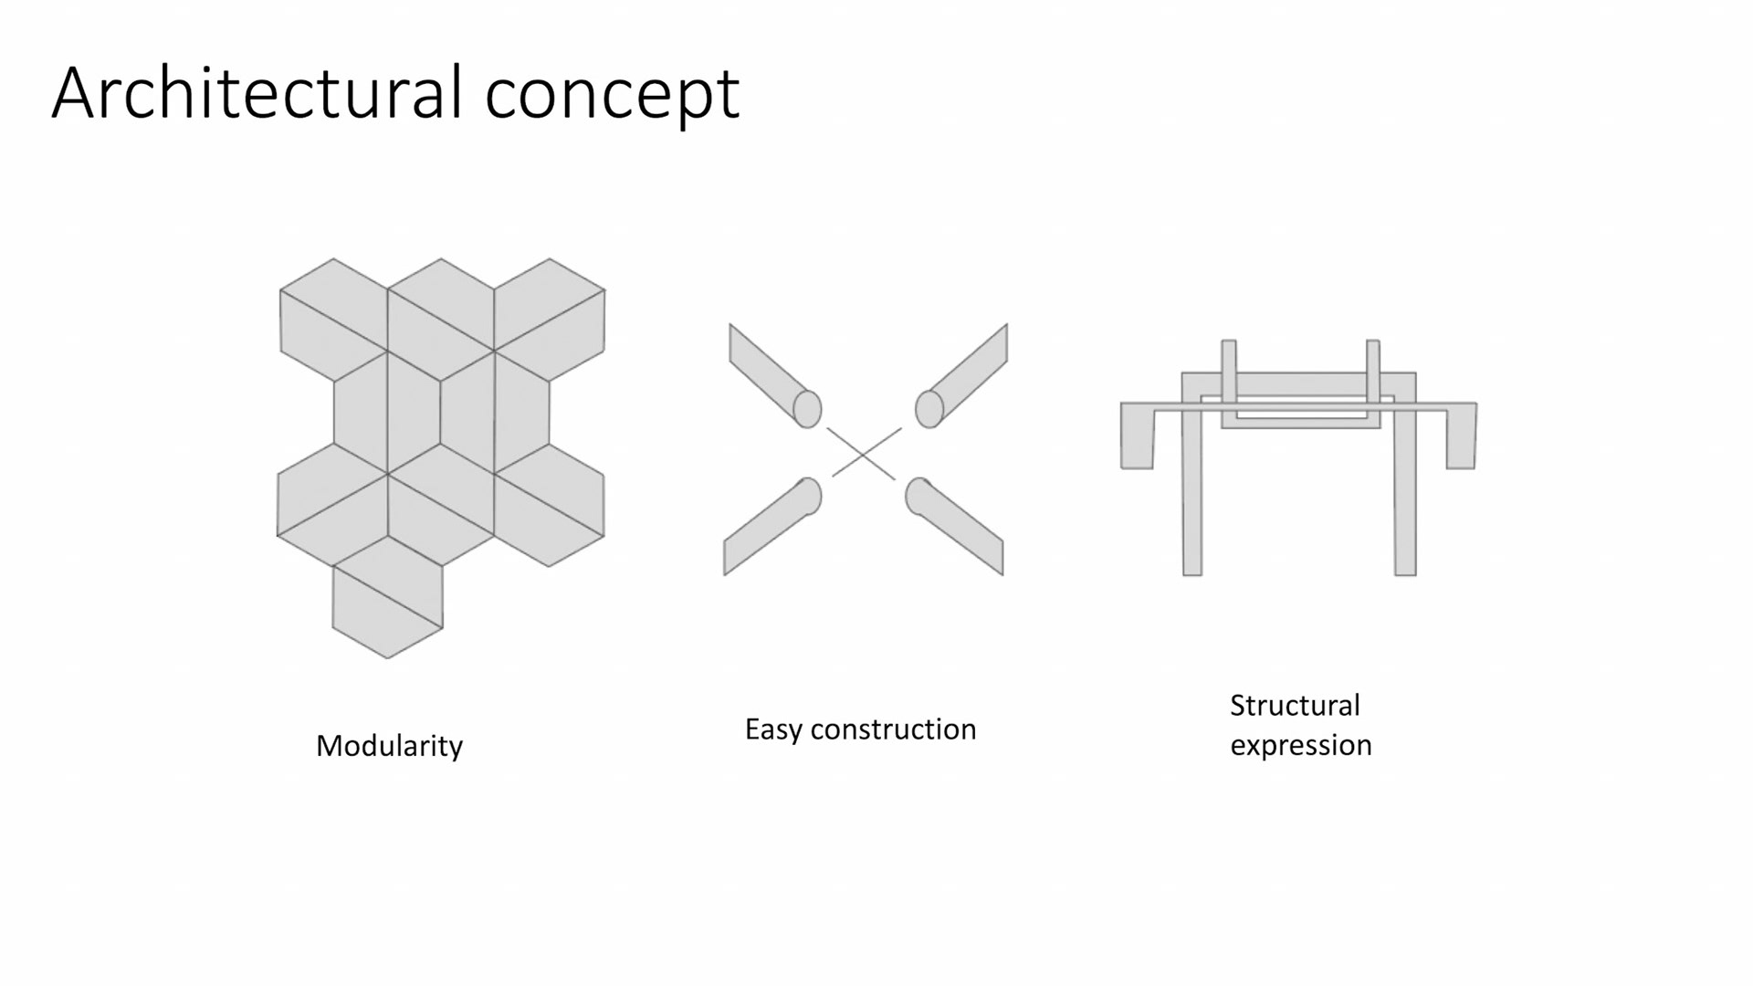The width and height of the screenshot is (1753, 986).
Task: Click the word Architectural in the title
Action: coord(257,93)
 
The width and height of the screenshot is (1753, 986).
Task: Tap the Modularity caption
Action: coord(389,746)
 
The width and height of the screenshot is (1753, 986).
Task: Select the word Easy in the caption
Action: coord(773,729)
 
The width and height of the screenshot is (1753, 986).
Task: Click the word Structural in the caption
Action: coord(1295,706)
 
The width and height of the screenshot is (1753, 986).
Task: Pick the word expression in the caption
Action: coord(1300,745)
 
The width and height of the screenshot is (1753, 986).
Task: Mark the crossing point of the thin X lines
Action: coord(863,453)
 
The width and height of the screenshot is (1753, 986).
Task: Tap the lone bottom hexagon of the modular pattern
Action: coord(387,598)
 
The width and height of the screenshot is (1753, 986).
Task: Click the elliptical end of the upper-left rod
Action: coord(807,409)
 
